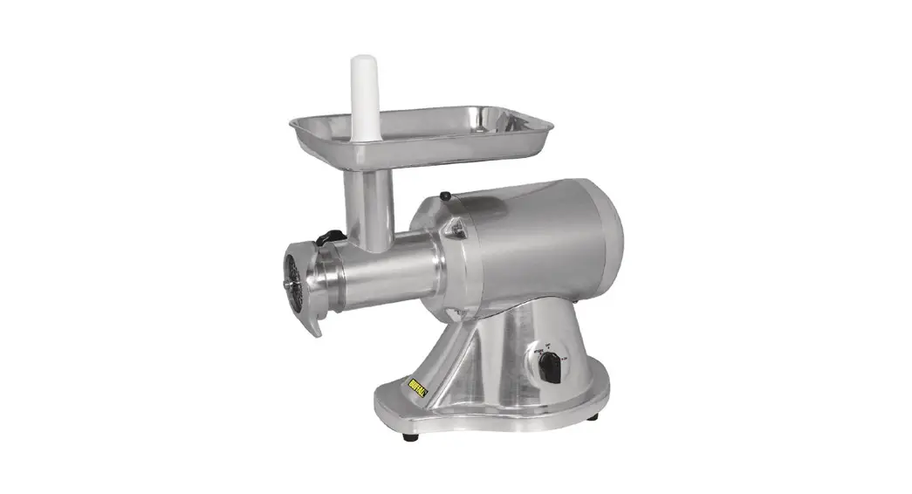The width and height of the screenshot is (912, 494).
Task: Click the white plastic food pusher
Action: pos(361,96)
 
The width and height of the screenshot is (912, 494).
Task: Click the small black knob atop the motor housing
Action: pos(445,196)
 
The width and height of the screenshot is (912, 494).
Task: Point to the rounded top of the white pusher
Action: pos(361,62)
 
